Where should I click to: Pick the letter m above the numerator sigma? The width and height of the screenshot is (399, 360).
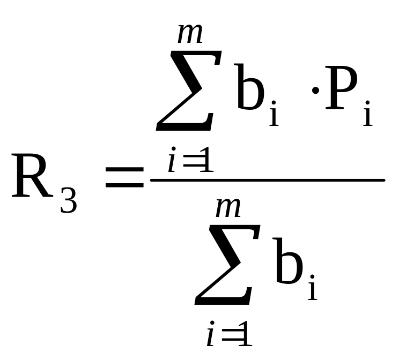190,35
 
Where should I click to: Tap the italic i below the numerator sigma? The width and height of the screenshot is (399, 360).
172,162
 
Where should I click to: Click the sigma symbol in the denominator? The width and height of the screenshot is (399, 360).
224,265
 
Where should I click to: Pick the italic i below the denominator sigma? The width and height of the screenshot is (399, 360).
211,335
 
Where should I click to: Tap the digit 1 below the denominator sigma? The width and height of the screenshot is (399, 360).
245,335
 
